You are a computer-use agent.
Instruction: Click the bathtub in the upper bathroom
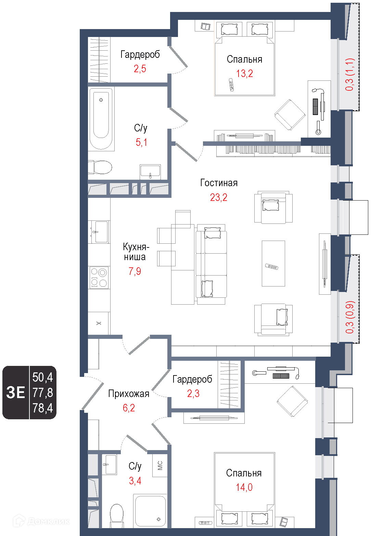click(x=101, y=119)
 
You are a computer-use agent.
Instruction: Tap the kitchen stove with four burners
click(x=99, y=278)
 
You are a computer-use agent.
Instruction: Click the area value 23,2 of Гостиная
click(x=219, y=197)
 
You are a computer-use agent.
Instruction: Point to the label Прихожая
click(x=129, y=394)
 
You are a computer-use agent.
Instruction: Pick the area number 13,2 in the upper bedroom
click(x=244, y=74)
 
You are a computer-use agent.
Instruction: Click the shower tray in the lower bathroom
click(x=150, y=511)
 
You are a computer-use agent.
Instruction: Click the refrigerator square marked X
click(x=99, y=323)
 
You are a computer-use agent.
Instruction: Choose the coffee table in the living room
click(x=273, y=264)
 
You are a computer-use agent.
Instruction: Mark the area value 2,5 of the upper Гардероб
click(x=140, y=69)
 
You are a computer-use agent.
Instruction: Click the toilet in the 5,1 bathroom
click(x=100, y=167)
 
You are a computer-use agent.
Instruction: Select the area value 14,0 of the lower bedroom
click(x=244, y=487)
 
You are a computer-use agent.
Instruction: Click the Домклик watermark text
click(x=48, y=521)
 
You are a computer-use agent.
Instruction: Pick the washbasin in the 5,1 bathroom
click(x=150, y=171)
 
